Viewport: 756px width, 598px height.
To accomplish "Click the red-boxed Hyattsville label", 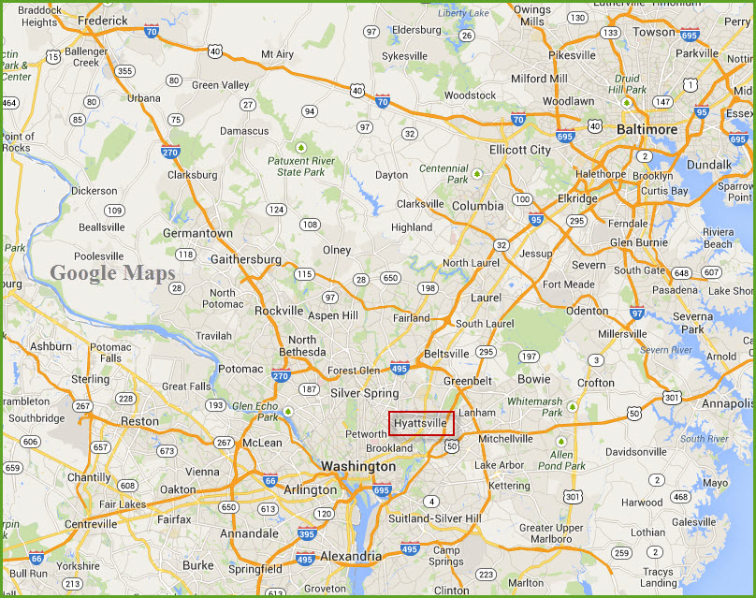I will [x=421, y=423].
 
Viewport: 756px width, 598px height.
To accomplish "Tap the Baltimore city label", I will [x=647, y=129].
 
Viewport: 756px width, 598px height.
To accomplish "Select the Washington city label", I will [x=358, y=466].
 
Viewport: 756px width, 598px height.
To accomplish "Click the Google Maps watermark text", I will [x=112, y=273].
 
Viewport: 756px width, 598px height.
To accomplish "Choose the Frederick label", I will [x=103, y=20].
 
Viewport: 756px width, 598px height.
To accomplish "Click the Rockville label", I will [x=279, y=311].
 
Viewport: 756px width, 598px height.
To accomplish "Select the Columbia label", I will [x=477, y=206].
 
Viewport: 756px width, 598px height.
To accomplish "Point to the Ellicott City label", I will [x=520, y=150].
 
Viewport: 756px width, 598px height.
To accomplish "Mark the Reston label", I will [x=139, y=422].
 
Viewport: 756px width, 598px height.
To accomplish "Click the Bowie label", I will [x=534, y=380].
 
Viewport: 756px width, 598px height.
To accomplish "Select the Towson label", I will [x=654, y=32].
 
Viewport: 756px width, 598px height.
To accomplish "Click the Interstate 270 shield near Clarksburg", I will [x=170, y=153].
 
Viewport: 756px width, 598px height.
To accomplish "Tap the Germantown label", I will [x=197, y=233].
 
